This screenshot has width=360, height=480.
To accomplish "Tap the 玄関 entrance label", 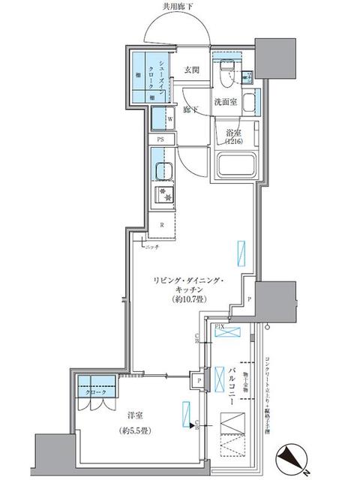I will tap(191, 70).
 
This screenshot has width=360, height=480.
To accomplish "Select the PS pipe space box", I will tap(160, 139).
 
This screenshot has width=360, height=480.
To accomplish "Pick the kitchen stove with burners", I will tap(163, 196).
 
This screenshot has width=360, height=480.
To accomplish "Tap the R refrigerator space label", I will tap(161, 224).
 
